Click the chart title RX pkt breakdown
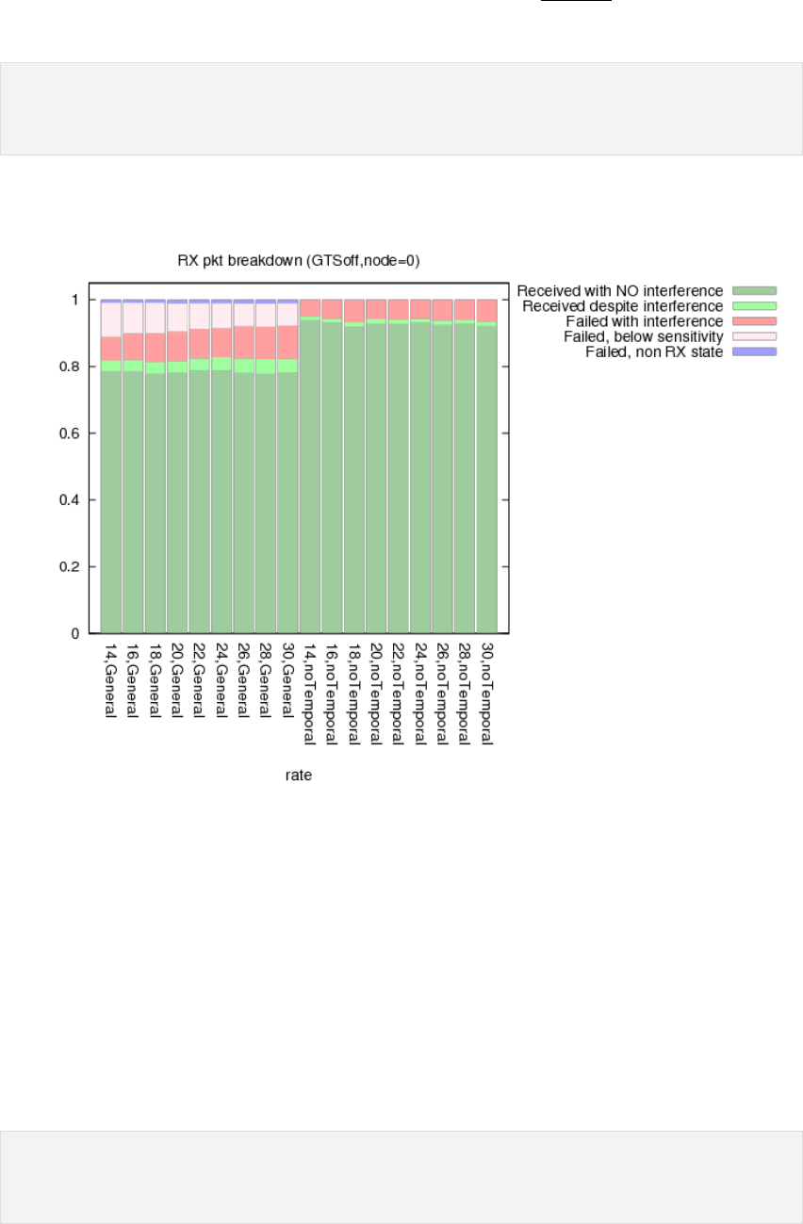click(299, 261)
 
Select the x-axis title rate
click(299, 775)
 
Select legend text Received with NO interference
click(620, 290)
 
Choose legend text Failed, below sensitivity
click(643, 336)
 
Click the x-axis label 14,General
click(111, 679)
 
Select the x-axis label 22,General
click(200, 679)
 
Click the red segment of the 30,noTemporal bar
click(486, 311)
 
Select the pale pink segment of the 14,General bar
click(111, 319)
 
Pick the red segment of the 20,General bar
click(177, 346)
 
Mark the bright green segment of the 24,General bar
click(221, 364)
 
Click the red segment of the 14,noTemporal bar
click(310, 308)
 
